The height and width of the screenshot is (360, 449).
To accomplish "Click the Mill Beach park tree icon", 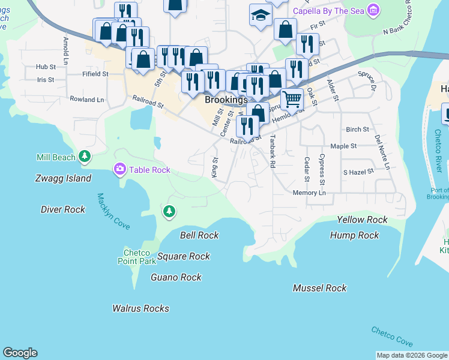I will tap(85, 157).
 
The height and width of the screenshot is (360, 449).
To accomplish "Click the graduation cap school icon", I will tap(261, 16).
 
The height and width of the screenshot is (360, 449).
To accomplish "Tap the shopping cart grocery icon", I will tap(292, 98).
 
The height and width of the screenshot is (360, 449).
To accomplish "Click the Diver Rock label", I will tap(63, 209).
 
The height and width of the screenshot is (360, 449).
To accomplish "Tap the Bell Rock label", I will tap(199, 235).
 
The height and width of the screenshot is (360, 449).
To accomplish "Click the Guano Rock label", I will tap(176, 277).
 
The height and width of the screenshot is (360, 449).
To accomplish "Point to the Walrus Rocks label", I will tap(140, 308).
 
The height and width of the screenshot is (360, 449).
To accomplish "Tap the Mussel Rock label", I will tap(319, 288).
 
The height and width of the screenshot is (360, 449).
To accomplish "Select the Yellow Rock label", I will tap(362, 220).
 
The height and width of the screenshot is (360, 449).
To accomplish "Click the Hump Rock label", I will tap(354, 235).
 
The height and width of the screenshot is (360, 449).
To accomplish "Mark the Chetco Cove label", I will tap(391, 336).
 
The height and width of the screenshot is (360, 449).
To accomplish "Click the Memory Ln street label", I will tap(309, 193).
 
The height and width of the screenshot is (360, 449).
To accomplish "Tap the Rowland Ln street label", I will tap(86, 99).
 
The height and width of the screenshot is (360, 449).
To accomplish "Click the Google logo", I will tap(20, 353).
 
